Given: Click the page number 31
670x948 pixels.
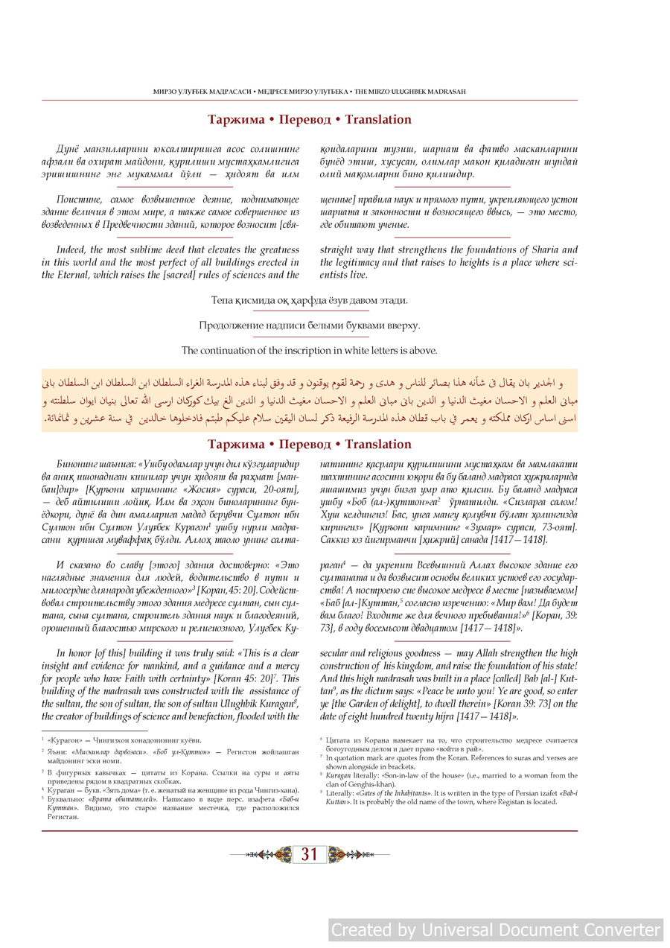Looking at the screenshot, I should click(x=310, y=855).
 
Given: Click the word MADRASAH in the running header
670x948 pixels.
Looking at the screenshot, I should click(x=446, y=92).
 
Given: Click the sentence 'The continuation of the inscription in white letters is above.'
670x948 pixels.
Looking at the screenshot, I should click(x=309, y=350).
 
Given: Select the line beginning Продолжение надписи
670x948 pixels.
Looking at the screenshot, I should click(x=309, y=325).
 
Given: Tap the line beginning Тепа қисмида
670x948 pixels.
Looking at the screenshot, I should click(x=309, y=301).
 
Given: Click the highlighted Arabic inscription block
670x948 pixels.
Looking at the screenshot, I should click(x=309, y=401).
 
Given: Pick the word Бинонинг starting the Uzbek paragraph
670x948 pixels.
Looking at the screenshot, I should click(x=76, y=464).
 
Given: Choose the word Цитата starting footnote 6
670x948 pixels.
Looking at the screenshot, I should click(x=339, y=740).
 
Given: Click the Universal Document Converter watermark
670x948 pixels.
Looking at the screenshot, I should click(x=495, y=930).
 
